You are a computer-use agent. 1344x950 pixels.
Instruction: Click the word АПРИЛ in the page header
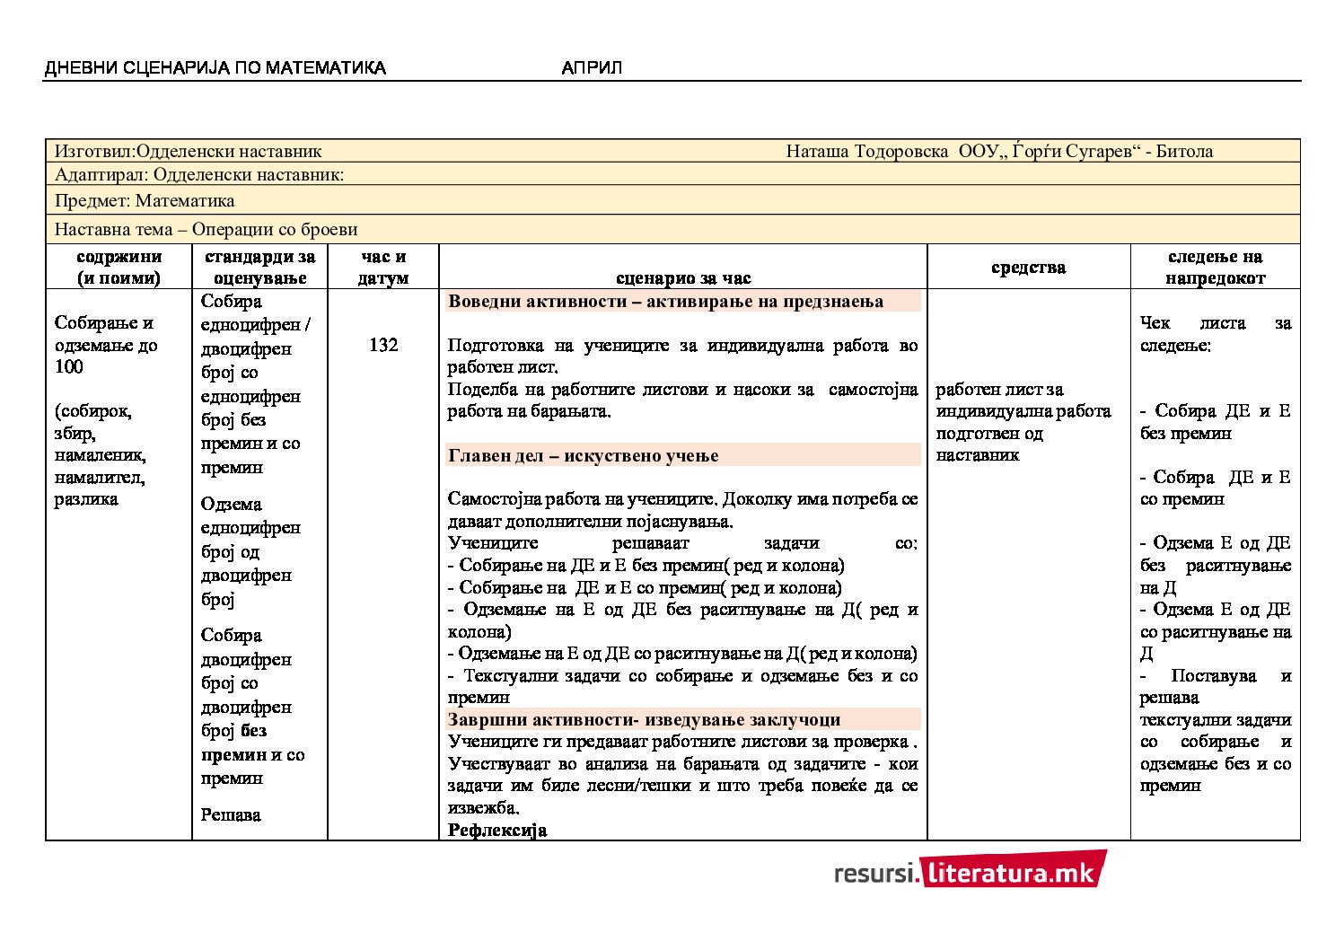[592, 68]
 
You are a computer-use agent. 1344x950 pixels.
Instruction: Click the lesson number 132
[383, 345]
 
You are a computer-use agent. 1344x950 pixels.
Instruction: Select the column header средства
[1028, 268]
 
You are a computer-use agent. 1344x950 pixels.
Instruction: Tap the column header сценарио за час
[683, 278]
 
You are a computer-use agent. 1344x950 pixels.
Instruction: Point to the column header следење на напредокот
[1215, 268]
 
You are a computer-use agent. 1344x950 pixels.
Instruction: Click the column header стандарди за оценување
[259, 268]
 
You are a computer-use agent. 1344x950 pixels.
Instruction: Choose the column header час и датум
[383, 268]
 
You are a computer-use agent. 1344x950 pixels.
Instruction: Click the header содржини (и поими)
[119, 268]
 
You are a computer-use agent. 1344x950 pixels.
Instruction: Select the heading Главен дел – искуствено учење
[584, 456]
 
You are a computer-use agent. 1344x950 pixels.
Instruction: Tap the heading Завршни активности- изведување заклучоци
[644, 720]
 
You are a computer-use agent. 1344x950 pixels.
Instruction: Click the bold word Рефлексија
[496, 831]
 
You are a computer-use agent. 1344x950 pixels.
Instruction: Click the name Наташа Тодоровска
[866, 151]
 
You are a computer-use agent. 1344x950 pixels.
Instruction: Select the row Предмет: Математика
[145, 200]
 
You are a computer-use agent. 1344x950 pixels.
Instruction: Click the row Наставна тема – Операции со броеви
[206, 229]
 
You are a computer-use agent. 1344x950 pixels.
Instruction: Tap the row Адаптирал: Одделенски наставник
[199, 174]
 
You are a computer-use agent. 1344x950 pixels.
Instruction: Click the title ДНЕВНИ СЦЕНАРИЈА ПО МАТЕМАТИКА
[215, 68]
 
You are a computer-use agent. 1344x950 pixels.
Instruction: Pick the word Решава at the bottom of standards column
[231, 815]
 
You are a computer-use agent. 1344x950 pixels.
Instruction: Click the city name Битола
[1184, 151]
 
